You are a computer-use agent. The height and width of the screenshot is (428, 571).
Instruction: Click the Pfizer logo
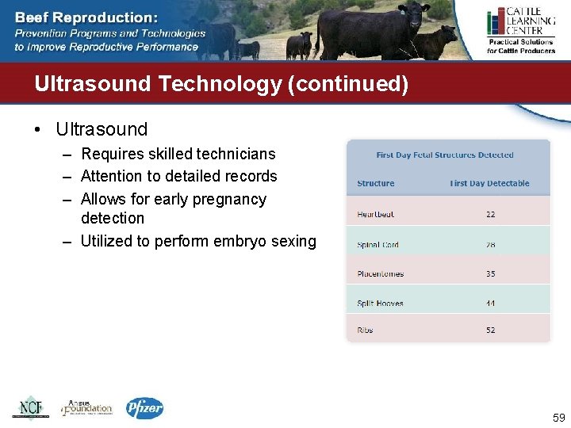coord(144,407)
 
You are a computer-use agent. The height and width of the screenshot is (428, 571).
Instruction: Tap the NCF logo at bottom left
coord(30,407)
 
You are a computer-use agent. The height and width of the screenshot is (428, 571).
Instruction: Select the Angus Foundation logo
coord(87,407)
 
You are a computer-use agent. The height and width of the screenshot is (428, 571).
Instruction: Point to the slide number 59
coord(558,418)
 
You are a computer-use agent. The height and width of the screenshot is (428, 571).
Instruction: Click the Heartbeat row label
coord(375,215)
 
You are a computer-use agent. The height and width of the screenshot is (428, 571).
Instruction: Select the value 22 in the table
coord(490,215)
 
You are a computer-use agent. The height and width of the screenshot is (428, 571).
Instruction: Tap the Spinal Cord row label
coord(377,245)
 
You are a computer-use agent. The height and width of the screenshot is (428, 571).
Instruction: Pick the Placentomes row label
coord(380,274)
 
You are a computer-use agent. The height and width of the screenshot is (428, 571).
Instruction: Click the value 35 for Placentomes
coord(490,274)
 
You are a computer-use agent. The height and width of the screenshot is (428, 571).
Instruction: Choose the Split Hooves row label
coord(380,304)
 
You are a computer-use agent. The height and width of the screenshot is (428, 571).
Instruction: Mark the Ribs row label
coord(365,330)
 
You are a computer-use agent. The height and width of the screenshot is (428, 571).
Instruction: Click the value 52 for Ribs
coord(490,330)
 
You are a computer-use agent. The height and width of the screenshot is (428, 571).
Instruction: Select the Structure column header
coord(375,183)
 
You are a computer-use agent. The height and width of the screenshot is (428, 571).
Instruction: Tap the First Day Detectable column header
coord(489,183)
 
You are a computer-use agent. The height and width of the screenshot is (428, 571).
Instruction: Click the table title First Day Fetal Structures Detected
coord(445,155)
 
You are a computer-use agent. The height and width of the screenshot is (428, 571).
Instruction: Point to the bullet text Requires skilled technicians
coord(178,154)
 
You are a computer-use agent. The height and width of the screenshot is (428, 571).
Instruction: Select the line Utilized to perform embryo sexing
coord(198,241)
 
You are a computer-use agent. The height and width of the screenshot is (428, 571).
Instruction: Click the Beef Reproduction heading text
coord(86,17)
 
